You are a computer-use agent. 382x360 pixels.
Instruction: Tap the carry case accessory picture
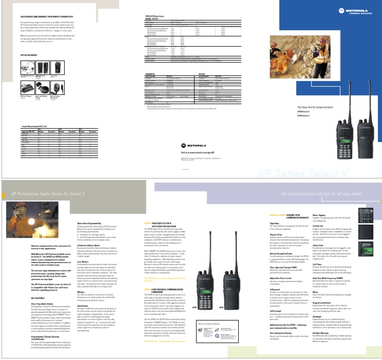[x=57, y=67]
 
